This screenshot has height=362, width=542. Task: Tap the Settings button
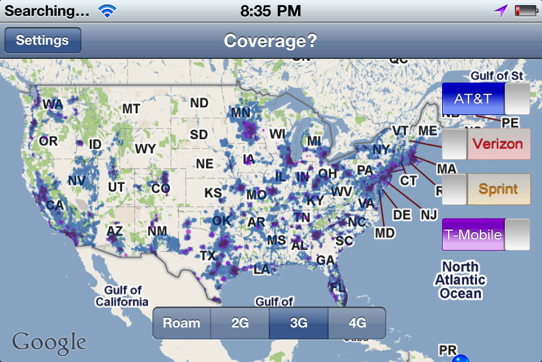pos(42,40)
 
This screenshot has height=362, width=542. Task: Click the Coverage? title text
pos(270,41)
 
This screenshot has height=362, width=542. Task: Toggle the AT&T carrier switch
pos(486,99)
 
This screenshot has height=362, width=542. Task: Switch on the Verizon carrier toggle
pos(486,144)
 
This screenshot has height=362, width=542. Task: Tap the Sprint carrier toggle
pos(486,189)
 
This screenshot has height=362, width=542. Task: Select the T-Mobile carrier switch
pos(486,234)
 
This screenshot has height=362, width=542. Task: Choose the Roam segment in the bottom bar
pos(182,323)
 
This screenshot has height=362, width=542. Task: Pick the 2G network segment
pos(240,323)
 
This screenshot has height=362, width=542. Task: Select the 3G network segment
pos(299,323)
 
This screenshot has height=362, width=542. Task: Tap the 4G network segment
pos(357,323)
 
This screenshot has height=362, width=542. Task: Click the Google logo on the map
pos(49,342)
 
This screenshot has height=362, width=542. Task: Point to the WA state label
pos(53,104)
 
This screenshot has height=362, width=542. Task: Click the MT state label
pos(131,109)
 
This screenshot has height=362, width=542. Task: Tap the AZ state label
pos(115,231)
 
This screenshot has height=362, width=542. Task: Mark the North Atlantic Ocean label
pos(460,280)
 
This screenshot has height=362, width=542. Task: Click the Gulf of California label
pos(122,296)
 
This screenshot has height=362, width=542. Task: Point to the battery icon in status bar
pos(525,10)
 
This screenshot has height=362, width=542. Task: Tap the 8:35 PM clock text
pos(270,10)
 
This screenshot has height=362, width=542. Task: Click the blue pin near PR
pos(461,358)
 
